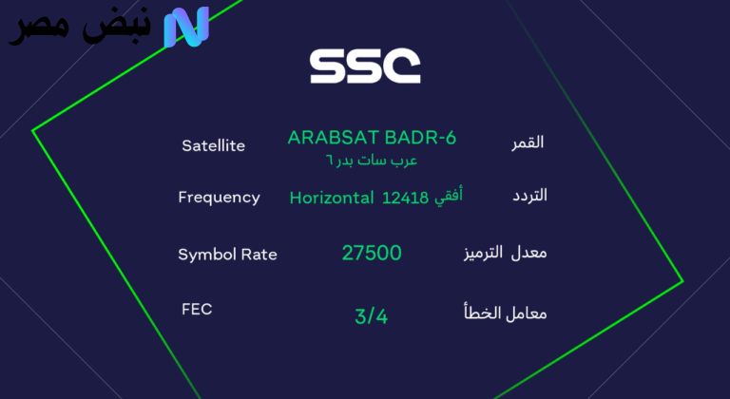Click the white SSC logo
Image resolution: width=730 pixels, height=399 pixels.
click(x=365, y=65)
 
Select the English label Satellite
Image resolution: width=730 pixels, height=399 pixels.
click(x=213, y=145)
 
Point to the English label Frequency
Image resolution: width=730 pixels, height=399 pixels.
click(x=219, y=198)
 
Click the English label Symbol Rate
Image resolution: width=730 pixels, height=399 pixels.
click(x=227, y=255)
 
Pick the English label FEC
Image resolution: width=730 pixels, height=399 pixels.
click(x=196, y=309)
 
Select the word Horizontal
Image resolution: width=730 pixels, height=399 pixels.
click(x=332, y=199)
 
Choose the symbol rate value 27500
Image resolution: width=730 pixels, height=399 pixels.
click(x=372, y=253)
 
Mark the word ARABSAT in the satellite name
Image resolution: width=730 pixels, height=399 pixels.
click(x=328, y=138)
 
